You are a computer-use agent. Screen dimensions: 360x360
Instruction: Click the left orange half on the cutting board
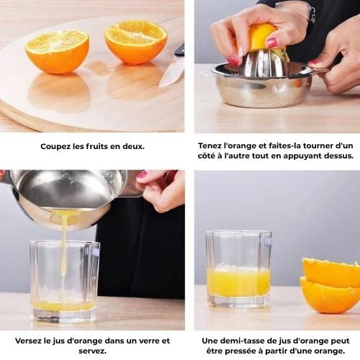pyautogui.click(x=57, y=52)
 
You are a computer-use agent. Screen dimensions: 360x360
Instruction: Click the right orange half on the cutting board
pyautogui.click(x=136, y=42)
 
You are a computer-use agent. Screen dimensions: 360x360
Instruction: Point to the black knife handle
pyautogui.click(x=180, y=50)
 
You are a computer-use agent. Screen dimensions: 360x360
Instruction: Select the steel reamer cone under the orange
pyautogui.click(x=261, y=63)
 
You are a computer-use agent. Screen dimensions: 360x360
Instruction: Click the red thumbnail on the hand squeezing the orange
pyautogui.click(x=271, y=42)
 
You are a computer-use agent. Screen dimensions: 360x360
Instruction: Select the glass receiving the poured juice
pyautogui.click(x=65, y=281)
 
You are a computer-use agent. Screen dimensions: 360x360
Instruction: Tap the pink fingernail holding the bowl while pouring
pyautogui.click(x=141, y=174)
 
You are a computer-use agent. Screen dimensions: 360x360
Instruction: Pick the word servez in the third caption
pyautogui.click(x=92, y=351)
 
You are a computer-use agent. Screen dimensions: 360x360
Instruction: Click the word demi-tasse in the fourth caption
pyautogui.click(x=242, y=341)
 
